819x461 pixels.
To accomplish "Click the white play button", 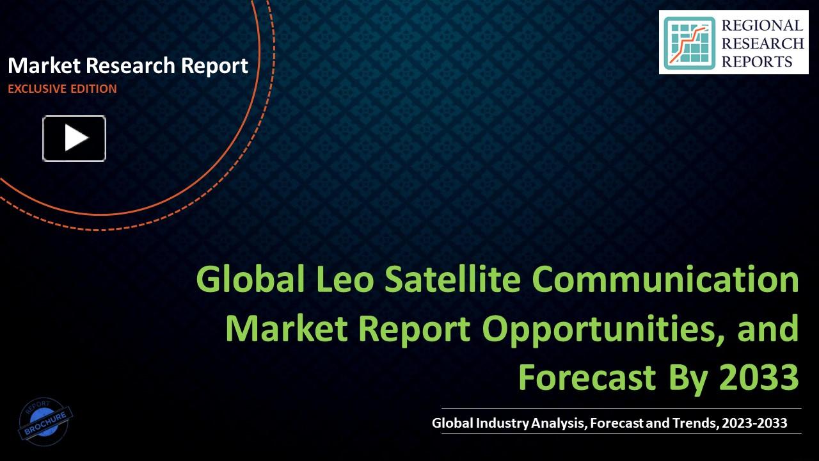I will tap(74, 138).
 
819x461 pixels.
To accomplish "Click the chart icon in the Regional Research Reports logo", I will tap(689, 43).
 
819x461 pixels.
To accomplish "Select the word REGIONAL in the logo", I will tap(762, 26).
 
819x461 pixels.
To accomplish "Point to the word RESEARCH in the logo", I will tap(762, 44).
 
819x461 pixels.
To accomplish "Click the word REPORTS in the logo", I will tap(757, 61).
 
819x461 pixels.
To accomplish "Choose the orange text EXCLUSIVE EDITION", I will tap(62, 89).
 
